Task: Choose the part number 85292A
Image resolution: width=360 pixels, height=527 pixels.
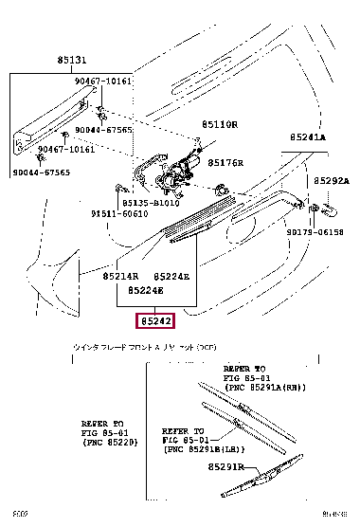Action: (333, 180)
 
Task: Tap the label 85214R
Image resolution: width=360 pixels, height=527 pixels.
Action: (121, 275)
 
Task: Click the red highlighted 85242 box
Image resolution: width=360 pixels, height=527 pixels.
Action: (156, 322)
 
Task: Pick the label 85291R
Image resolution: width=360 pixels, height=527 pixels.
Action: (254, 467)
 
